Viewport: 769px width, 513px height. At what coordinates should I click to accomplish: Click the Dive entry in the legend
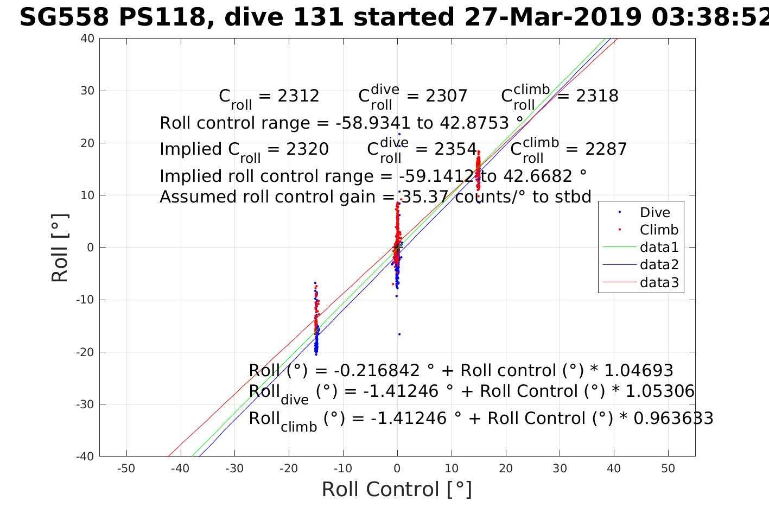[654, 213]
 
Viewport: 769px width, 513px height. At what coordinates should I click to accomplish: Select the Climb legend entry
[659, 230]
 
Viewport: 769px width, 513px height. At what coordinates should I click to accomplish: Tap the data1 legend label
[659, 248]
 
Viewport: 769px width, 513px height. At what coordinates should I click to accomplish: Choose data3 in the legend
[659, 282]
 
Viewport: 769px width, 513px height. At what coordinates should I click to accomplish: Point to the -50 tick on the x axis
[126, 468]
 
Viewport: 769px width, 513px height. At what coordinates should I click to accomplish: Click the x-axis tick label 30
[560, 468]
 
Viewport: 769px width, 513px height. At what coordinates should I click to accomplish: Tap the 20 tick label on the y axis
[86, 143]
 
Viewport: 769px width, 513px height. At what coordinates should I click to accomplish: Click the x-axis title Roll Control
[397, 490]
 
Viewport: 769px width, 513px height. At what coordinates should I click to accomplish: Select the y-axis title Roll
[60, 248]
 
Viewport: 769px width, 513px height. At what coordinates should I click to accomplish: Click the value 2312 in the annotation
[298, 96]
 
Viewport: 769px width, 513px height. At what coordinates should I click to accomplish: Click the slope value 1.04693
[638, 371]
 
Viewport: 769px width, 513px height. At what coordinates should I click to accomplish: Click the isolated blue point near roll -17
[399, 334]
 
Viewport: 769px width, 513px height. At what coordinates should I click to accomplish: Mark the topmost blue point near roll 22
[399, 134]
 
